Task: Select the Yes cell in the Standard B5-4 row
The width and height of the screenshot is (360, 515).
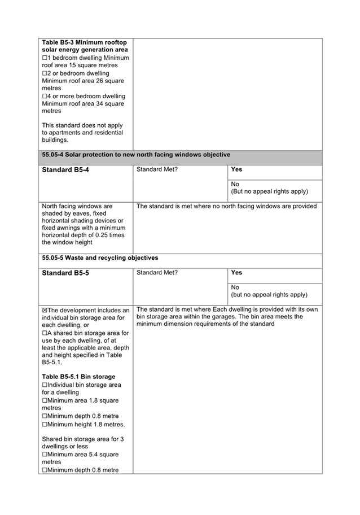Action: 236,169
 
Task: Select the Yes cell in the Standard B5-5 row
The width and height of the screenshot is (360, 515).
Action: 236,273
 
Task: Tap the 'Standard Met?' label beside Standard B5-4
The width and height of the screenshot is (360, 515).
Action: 157,169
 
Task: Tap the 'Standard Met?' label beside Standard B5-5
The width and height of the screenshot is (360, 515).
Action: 157,273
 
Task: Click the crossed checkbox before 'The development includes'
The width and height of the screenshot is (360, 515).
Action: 45,311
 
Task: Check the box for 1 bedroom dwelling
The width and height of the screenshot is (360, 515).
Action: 45,58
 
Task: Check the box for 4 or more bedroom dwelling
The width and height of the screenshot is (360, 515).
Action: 45,96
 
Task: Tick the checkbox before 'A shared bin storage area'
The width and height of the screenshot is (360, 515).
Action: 45,333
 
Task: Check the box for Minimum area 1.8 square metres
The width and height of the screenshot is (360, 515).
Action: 45,400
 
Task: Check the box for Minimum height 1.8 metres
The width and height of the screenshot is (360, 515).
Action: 45,424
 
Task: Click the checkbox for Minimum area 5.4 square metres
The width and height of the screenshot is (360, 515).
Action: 45,454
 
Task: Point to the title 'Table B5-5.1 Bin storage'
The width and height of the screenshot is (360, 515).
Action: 78,377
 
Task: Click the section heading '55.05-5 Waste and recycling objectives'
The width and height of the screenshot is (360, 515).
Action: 100,257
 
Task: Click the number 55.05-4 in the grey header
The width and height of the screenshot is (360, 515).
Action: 54,154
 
